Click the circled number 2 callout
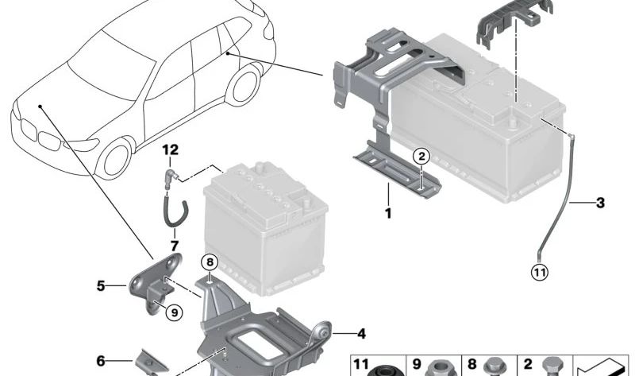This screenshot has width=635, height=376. click(x=421, y=156)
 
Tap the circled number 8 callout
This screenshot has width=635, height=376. click(x=210, y=262)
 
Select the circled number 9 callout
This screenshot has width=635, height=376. click(x=175, y=312)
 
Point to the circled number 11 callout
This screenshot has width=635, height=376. click(x=540, y=272)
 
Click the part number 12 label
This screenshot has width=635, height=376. click(x=171, y=150)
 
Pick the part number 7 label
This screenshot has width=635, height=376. click(x=175, y=246)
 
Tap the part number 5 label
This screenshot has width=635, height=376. click(x=101, y=286)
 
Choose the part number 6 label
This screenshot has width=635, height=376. click(x=101, y=361)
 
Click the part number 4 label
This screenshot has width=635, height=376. click(x=361, y=334)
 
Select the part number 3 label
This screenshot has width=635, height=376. click(x=600, y=203)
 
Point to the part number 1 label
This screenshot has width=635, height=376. click(x=388, y=213)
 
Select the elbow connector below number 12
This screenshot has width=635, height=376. click(x=171, y=176)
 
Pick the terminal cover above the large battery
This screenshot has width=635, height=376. click(x=514, y=21)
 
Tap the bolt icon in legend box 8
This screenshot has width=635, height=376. click(x=492, y=367)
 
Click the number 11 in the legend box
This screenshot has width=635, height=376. click(x=361, y=365)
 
